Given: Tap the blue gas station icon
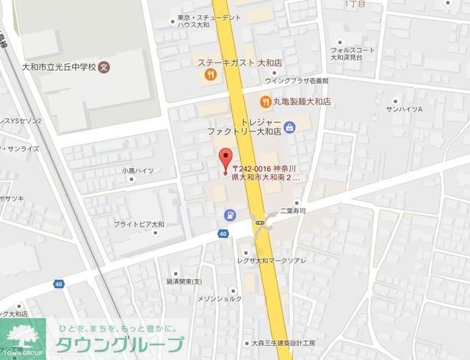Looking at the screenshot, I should point(231,215).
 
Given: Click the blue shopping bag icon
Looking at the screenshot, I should point(290,126).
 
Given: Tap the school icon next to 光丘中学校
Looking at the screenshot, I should point(104,66).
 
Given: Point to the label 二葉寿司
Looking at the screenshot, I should point(294,210).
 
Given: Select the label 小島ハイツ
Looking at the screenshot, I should point(138,170).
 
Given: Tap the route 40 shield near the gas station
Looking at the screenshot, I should point(223,234).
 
